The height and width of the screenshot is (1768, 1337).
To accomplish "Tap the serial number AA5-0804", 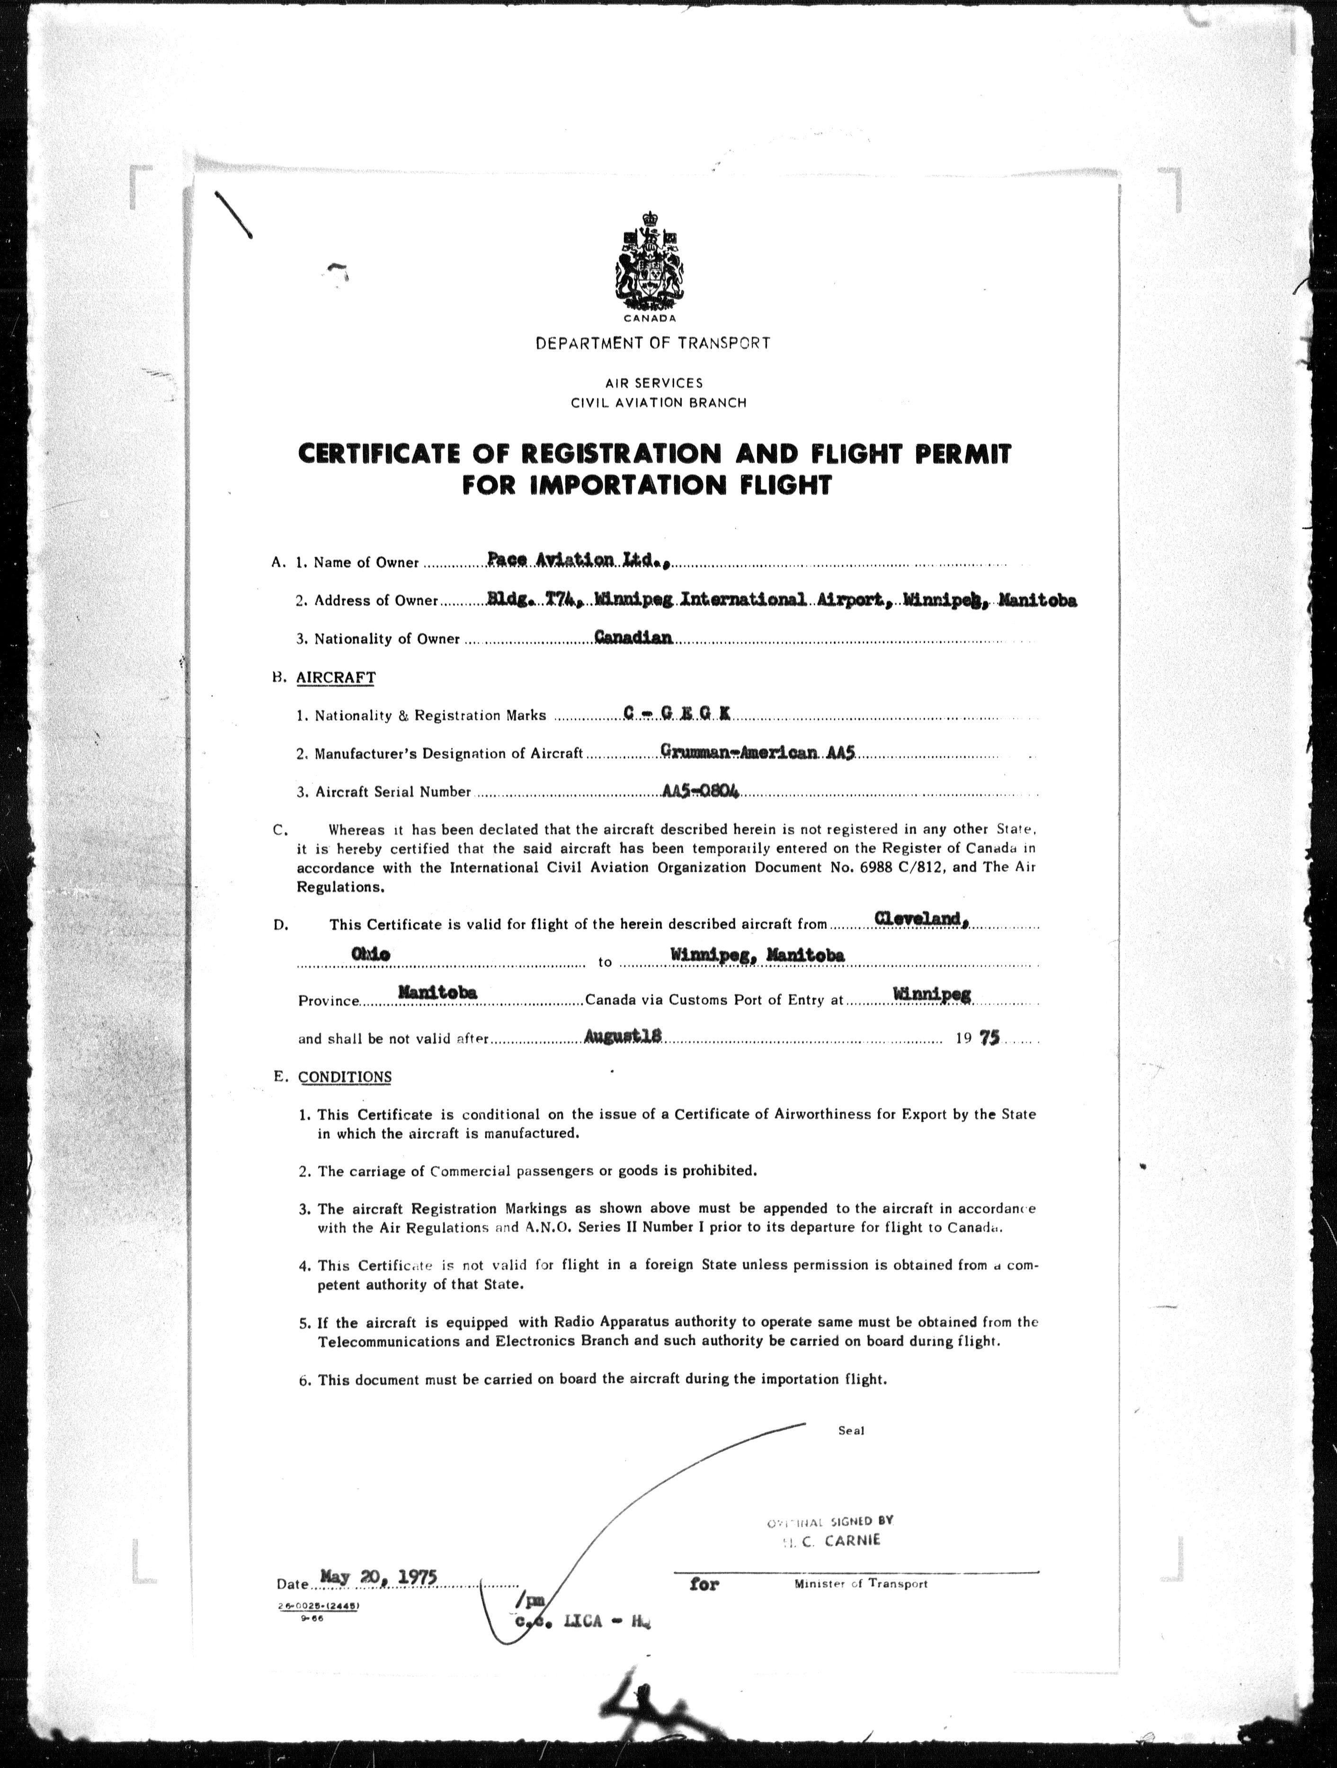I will (x=701, y=790).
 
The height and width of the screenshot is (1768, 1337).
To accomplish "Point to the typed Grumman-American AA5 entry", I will (x=758, y=752).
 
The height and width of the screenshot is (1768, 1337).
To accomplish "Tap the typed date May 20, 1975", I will (x=378, y=1577).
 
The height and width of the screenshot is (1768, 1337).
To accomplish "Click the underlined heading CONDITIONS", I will (x=345, y=1077).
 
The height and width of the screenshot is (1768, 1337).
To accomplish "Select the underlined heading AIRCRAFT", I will (x=335, y=678).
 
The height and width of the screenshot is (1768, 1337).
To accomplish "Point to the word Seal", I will (x=851, y=1431).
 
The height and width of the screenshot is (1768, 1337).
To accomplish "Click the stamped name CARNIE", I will (x=852, y=1540).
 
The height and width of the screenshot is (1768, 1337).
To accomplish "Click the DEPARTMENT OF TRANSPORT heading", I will (x=652, y=344).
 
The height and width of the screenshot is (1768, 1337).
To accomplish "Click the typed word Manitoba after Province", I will (x=437, y=992).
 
